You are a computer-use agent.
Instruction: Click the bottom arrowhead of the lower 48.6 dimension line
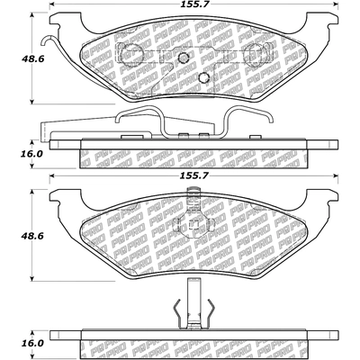[x=34, y=277]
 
